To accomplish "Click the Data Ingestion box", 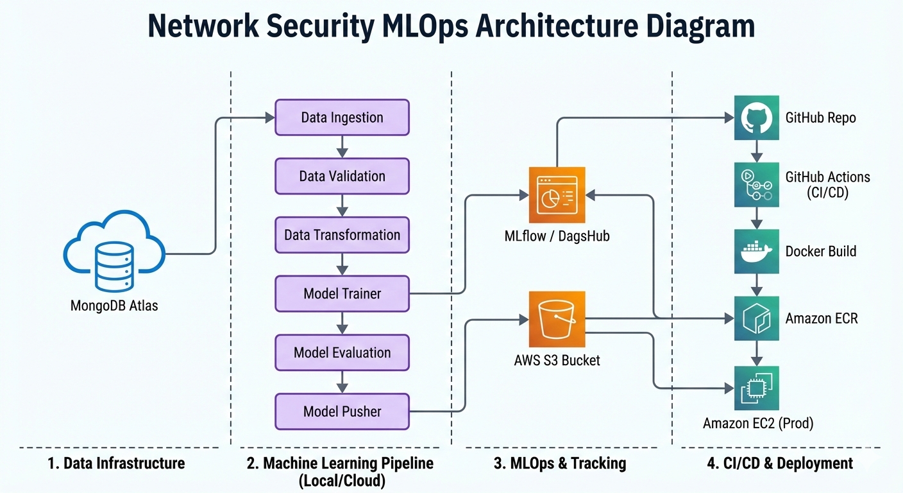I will (x=342, y=117).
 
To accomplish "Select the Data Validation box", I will (x=342, y=177).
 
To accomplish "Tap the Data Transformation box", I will (x=342, y=235).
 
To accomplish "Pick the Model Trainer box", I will (x=342, y=294).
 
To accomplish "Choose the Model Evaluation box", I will (x=342, y=352).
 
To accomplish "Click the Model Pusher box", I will (x=342, y=411).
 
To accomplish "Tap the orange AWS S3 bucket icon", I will (x=557, y=319).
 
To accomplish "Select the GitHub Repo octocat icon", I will (x=757, y=117).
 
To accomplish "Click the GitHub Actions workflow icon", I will (x=757, y=184).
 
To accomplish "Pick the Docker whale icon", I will (x=757, y=252).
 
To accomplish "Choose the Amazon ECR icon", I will (x=757, y=318).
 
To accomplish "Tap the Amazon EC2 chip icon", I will (x=757, y=388).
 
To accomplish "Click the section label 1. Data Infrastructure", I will (x=116, y=463).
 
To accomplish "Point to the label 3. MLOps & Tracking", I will (x=560, y=463).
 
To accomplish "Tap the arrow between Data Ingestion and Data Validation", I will (x=342, y=147).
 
